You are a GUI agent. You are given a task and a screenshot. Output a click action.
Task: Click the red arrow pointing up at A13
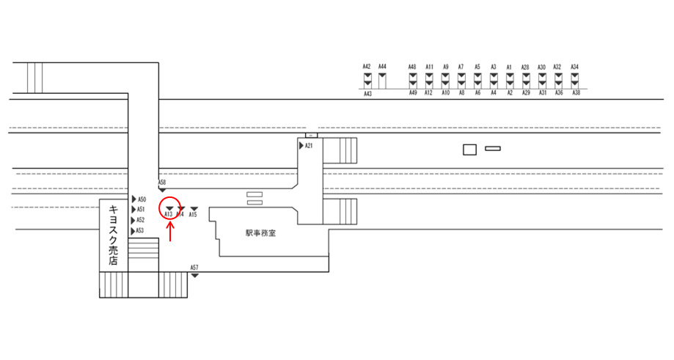click(x=170, y=232)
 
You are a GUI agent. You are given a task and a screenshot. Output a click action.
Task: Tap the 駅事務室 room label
click(x=260, y=233)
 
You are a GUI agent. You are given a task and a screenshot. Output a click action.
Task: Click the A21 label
click(x=309, y=146)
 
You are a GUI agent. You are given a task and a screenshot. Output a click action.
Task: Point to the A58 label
click(x=162, y=181)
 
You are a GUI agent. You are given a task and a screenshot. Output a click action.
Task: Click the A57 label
click(x=194, y=267)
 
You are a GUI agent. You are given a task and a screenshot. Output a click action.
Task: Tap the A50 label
click(x=142, y=199)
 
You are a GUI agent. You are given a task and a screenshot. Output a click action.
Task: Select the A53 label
click(x=140, y=231)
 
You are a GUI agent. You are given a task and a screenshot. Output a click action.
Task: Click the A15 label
click(x=193, y=216)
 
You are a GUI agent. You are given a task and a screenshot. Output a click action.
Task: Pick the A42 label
click(x=367, y=67)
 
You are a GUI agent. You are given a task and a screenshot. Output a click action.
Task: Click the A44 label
click(x=382, y=67)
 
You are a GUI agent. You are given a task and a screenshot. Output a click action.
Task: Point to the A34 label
click(x=575, y=67)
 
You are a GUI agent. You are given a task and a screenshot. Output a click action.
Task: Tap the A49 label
click(x=412, y=93)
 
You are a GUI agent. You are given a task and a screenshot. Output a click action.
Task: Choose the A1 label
click(x=509, y=67)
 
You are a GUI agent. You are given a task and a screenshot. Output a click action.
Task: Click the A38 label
click(x=576, y=93)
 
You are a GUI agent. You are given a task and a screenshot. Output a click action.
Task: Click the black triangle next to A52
click(x=133, y=220)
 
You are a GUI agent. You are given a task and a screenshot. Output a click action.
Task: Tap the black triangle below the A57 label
click(x=194, y=274)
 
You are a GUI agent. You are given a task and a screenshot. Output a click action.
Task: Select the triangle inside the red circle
click(x=169, y=209)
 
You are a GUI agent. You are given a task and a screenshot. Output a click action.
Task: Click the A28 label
click(x=525, y=67)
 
